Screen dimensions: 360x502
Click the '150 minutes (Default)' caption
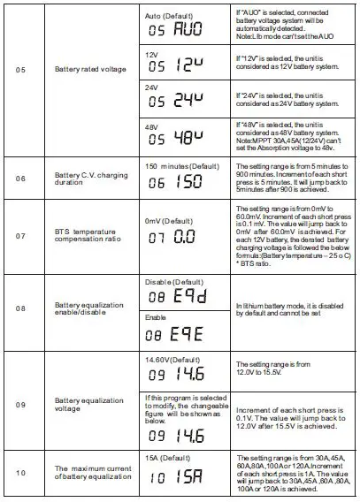181,166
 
